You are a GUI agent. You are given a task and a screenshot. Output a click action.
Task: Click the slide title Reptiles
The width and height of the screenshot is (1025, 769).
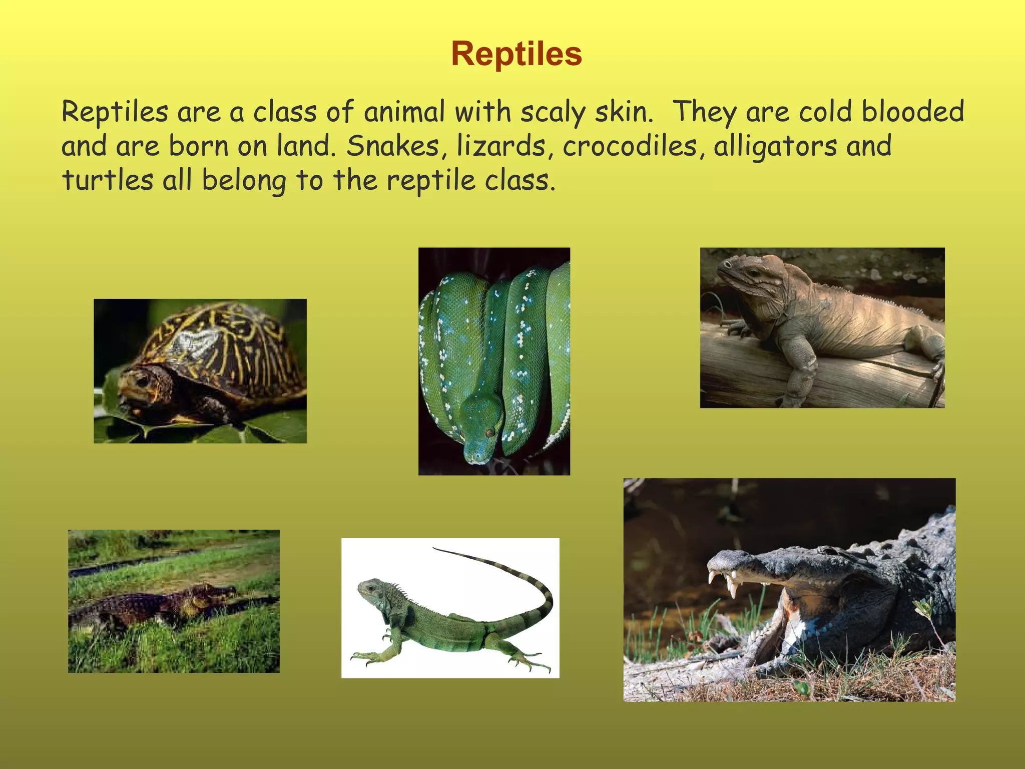516,54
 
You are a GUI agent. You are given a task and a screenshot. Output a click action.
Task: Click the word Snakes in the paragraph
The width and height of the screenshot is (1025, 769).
393,146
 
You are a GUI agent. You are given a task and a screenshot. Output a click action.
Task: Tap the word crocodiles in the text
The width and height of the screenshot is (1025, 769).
630,146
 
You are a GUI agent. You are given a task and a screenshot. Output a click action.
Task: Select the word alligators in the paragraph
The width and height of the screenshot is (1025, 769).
775,146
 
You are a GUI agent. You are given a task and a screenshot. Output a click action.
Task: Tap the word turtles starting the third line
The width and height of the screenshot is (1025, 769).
108,180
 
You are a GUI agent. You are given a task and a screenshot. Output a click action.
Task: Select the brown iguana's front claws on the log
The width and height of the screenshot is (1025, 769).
736,328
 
